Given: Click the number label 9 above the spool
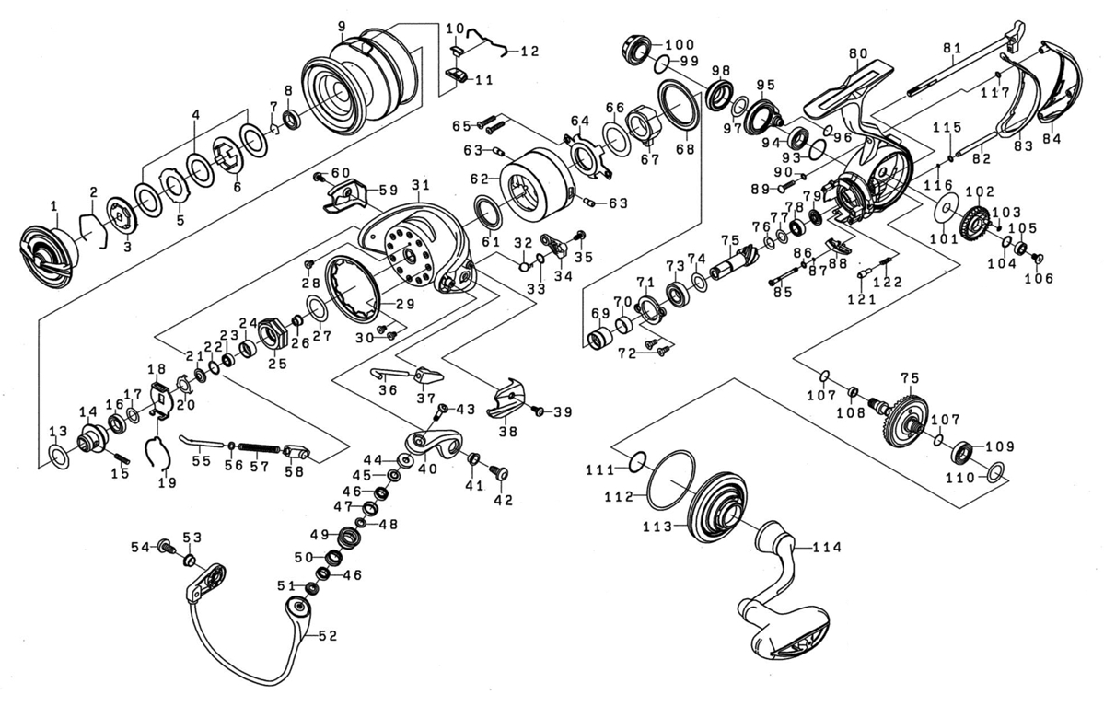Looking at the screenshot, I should point(342,26).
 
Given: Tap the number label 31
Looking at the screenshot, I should point(421,186).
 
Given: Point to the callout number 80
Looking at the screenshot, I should point(858,53).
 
